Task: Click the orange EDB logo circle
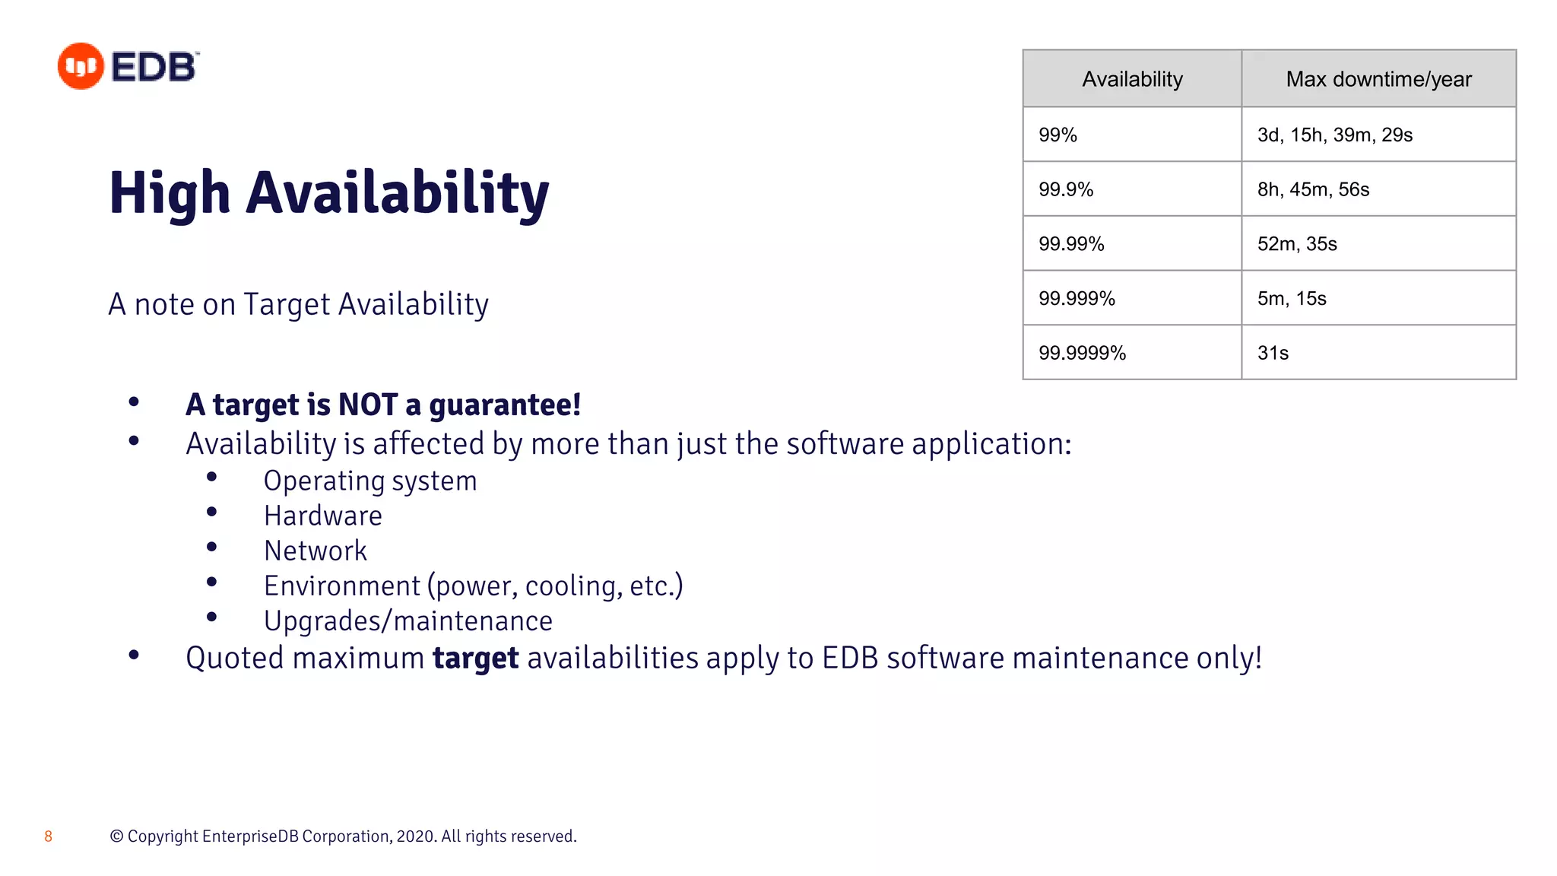[81, 66]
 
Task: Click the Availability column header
[1132, 79]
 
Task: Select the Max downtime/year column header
[1378, 79]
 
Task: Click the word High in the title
[170, 194]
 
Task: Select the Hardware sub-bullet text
[322, 516]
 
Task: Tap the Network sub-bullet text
[315, 551]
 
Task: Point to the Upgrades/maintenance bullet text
[407, 621]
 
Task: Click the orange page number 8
[48, 836]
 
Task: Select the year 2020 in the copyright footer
[415, 836]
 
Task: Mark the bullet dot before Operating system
[212, 477]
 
